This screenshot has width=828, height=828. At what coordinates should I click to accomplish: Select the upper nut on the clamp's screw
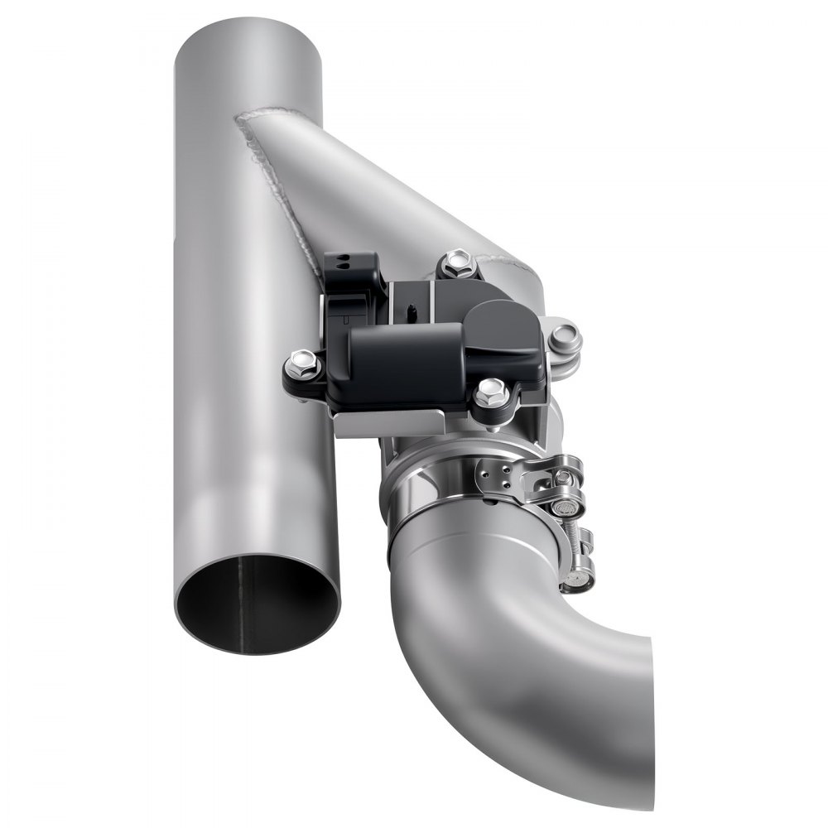(x=567, y=476)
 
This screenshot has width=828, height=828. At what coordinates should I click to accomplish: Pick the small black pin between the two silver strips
(x=411, y=312)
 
